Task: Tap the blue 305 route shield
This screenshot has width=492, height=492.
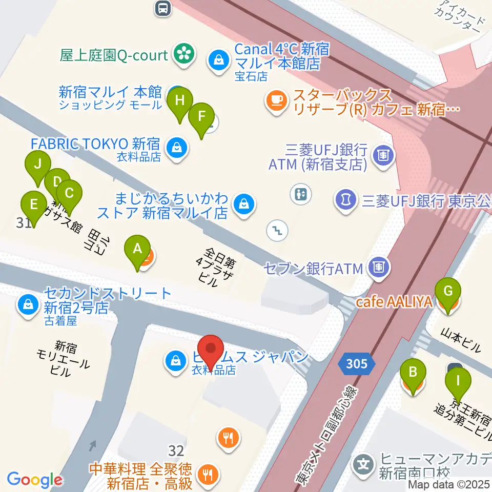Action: coord(356,364)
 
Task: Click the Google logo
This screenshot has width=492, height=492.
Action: coord(34,480)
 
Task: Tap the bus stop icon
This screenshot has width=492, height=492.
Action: coord(162,7)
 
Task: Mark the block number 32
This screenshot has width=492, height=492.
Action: coord(176,451)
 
